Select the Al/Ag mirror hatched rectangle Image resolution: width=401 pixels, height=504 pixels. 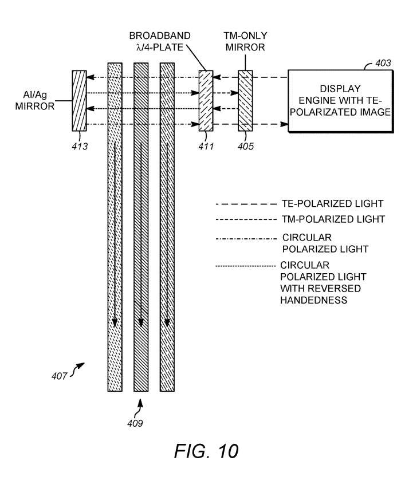[x=79, y=101]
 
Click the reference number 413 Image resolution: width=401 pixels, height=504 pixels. [x=80, y=146]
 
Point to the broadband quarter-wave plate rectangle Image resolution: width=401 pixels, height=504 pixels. [x=206, y=101]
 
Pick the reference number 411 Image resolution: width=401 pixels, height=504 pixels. [x=206, y=146]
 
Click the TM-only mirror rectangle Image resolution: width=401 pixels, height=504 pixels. [x=245, y=101]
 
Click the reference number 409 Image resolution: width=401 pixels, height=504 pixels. [x=136, y=424]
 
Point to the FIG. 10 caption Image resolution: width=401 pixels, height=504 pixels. [x=206, y=451]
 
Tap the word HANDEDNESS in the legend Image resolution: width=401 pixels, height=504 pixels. [x=313, y=300]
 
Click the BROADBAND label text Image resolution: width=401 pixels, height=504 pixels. [x=159, y=36]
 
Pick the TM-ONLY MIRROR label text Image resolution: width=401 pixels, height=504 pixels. [x=245, y=42]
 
